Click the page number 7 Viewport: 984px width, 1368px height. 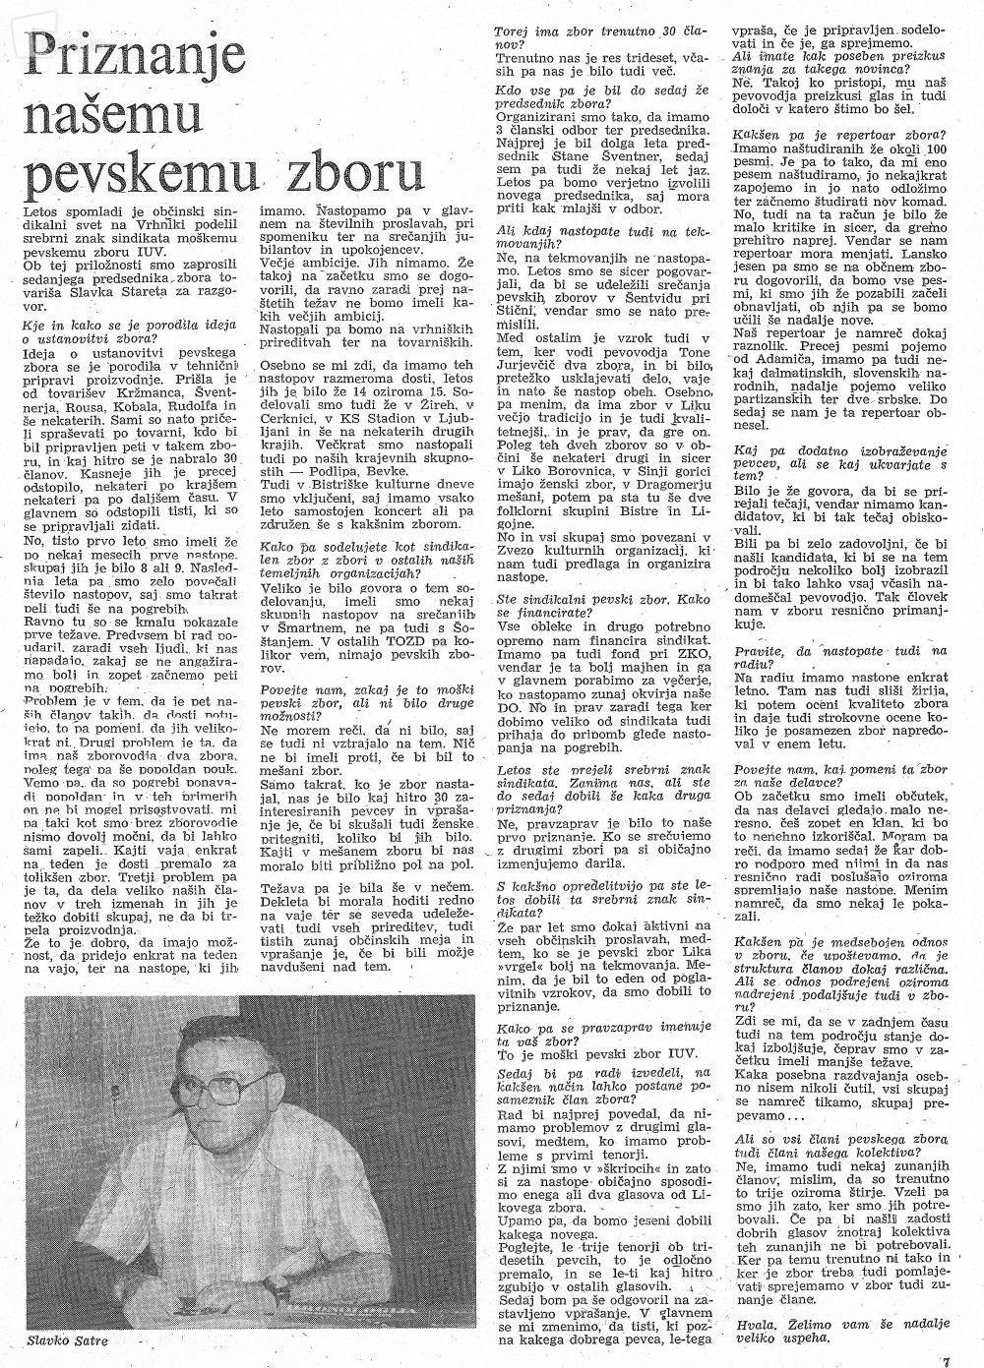coord(946,1361)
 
